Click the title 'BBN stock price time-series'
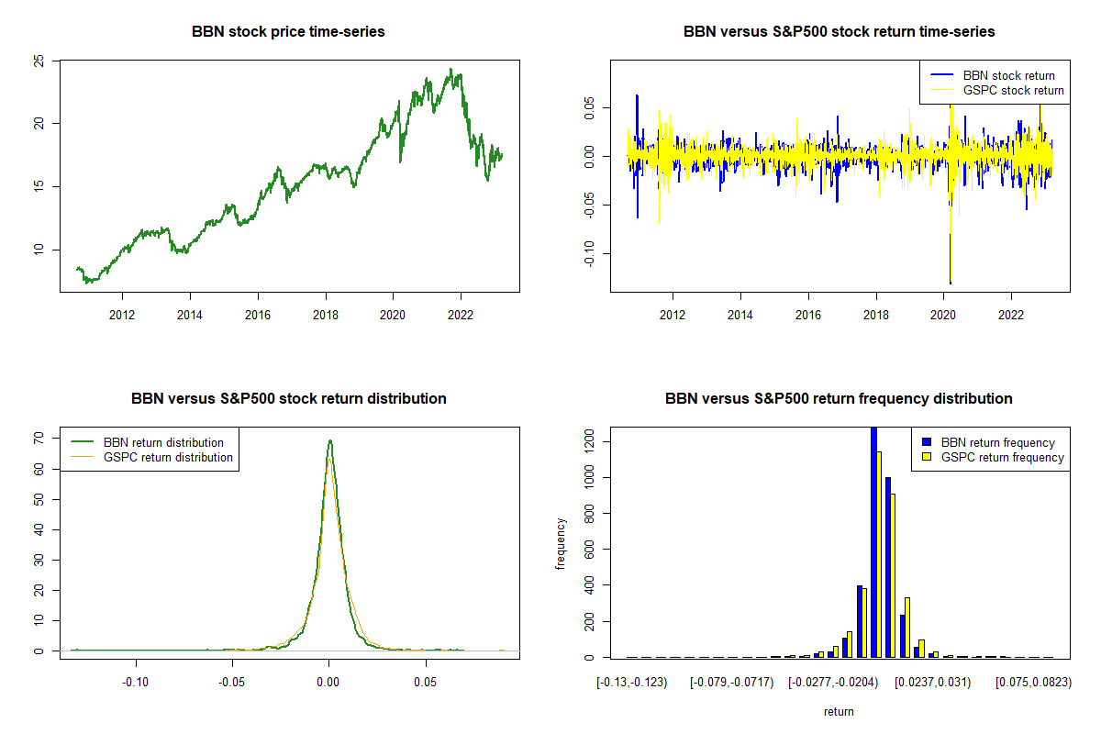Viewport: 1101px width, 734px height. [288, 32]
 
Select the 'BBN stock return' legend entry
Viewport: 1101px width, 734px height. [1008, 75]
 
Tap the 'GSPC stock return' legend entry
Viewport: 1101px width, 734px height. [1013, 90]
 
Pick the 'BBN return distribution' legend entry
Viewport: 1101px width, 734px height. [164, 442]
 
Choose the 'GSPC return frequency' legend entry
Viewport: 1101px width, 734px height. [1003, 457]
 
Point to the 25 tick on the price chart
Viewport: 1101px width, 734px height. [39, 61]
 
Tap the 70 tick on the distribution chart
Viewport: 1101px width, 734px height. [39, 439]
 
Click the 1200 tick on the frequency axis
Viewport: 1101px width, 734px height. [589, 442]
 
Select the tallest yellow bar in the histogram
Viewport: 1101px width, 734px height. [880, 554]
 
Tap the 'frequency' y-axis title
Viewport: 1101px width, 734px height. [561, 543]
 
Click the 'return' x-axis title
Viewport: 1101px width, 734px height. [839, 711]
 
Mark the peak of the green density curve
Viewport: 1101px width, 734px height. [329, 440]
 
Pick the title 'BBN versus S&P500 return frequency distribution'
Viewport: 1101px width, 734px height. [839, 399]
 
